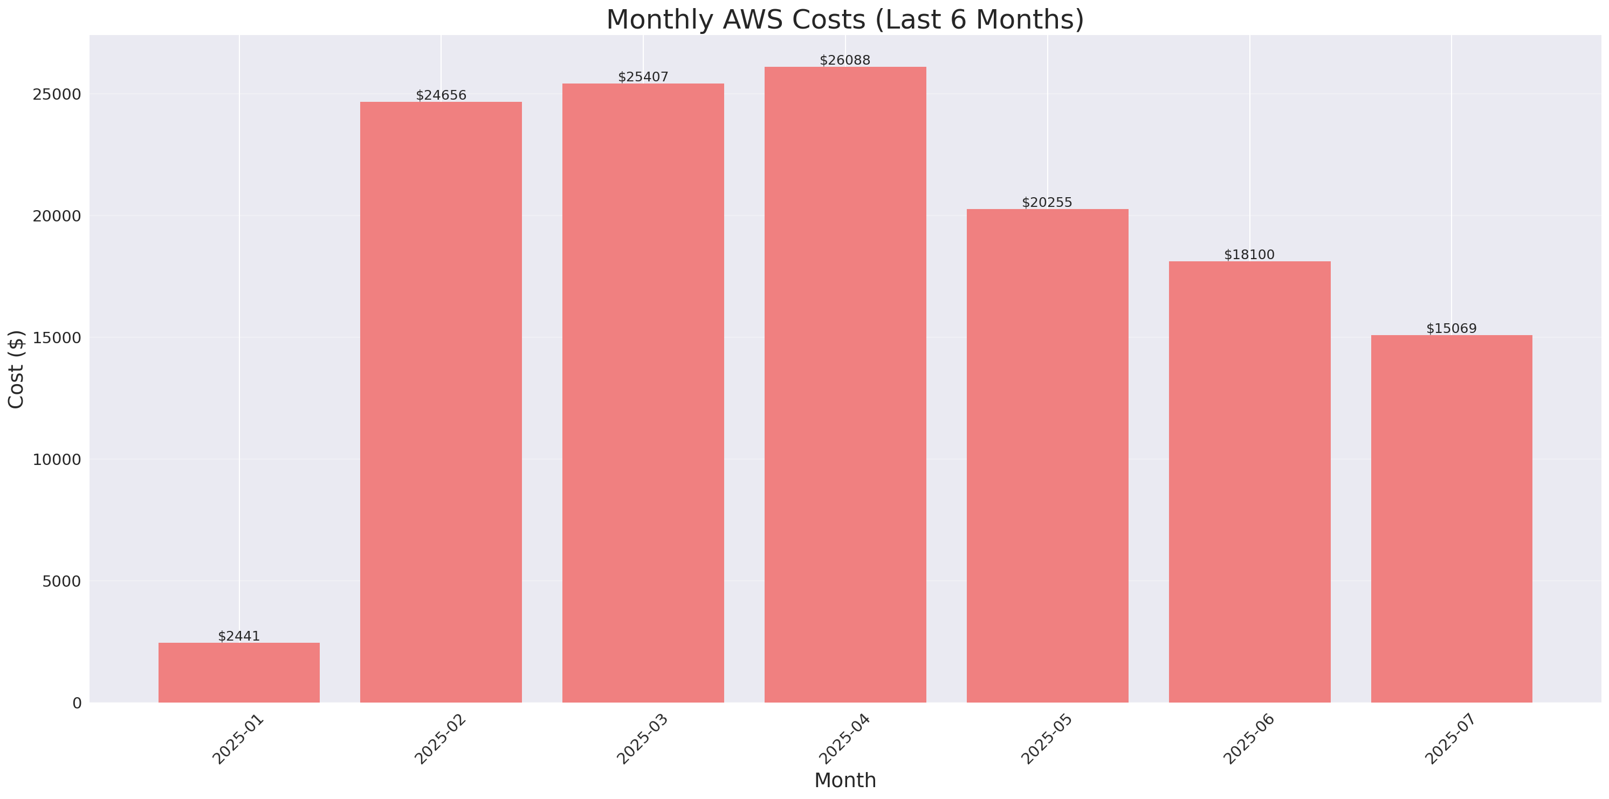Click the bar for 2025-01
tap(239, 672)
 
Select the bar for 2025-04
tap(845, 385)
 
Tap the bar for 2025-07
tap(1452, 519)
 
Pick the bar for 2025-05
tap(1048, 456)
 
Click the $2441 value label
tap(239, 636)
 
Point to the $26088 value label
tap(845, 60)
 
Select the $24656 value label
tap(441, 95)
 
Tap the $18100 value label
tap(1249, 255)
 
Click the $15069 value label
tap(1452, 328)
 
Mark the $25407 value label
tap(643, 77)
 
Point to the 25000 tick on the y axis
tap(58, 94)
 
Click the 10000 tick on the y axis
tap(58, 460)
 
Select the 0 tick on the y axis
tap(77, 704)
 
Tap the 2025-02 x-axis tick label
tap(441, 739)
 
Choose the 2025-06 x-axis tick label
tap(1249, 739)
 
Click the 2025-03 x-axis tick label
tap(643, 739)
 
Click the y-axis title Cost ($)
tap(16, 369)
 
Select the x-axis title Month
tap(845, 780)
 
